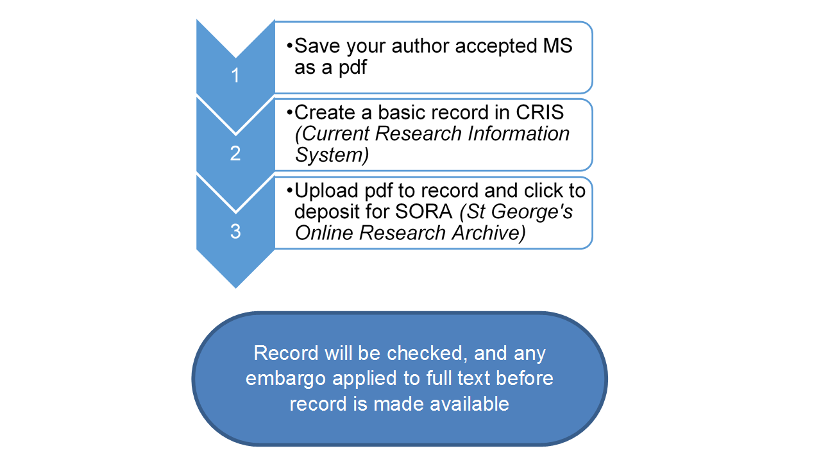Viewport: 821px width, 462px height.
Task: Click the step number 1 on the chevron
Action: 235,76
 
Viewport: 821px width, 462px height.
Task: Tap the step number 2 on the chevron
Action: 235,154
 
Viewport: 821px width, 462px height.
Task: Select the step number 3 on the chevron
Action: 235,231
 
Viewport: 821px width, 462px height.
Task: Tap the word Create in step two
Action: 324,112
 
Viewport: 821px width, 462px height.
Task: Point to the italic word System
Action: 328,155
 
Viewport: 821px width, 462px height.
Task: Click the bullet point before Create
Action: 290,112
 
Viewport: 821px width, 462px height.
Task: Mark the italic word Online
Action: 324,232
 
